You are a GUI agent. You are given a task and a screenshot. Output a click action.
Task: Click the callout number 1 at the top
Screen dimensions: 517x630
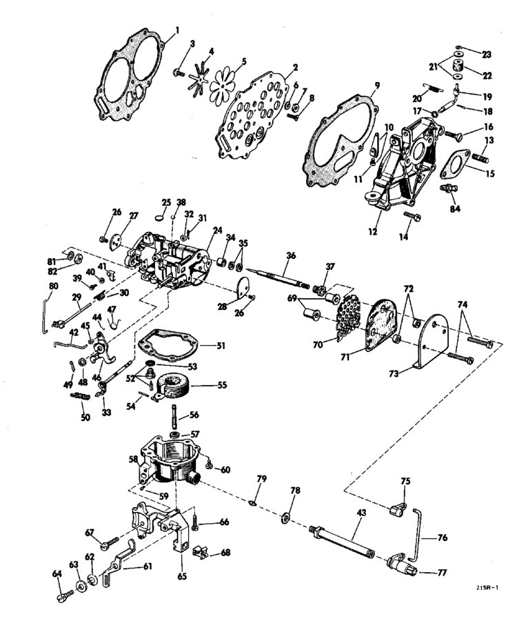pos(177,30)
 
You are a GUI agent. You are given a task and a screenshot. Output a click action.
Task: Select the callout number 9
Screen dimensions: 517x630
pos(377,86)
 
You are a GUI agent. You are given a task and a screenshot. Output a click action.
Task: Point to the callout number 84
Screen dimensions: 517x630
pos(455,208)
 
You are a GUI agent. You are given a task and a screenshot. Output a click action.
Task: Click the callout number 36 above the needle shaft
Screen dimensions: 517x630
pos(291,255)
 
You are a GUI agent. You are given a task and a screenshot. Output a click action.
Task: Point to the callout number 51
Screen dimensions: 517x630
pos(221,345)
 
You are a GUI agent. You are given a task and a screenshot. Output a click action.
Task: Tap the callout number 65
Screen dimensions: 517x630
pos(182,576)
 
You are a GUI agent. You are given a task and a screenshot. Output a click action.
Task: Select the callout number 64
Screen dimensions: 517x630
pos(57,573)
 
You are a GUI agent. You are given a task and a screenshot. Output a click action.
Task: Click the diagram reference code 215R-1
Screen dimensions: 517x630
pos(487,587)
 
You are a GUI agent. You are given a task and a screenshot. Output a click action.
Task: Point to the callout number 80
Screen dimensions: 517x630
pos(53,286)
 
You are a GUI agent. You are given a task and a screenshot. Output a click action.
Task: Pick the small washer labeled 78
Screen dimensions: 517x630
pos(287,517)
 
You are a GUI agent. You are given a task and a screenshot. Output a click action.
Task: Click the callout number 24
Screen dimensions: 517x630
pos(218,230)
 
